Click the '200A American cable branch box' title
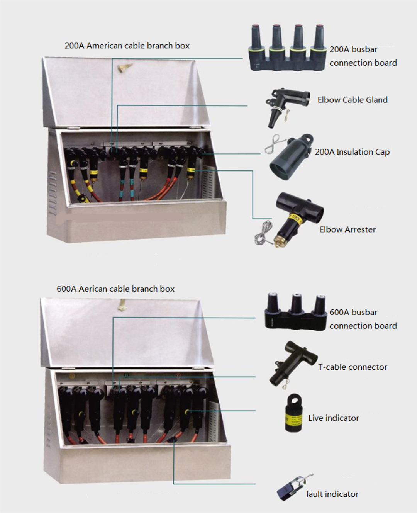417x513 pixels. pyautogui.click(x=127, y=46)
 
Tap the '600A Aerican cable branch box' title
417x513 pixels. pyautogui.click(x=115, y=289)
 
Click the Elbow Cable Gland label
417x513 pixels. pyautogui.click(x=352, y=100)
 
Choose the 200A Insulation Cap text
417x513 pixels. pyautogui.click(x=352, y=152)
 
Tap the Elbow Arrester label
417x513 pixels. pyautogui.click(x=347, y=229)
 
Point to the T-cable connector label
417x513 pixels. pyautogui.click(x=352, y=367)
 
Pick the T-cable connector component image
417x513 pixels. pyautogui.click(x=292, y=363)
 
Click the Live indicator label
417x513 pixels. pyautogui.click(x=334, y=418)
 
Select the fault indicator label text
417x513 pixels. pyautogui.click(x=332, y=494)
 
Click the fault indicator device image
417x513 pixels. pyautogui.click(x=293, y=488)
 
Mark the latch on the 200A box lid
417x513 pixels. pyautogui.click(x=125, y=68)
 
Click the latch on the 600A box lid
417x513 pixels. pyautogui.click(x=122, y=306)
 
